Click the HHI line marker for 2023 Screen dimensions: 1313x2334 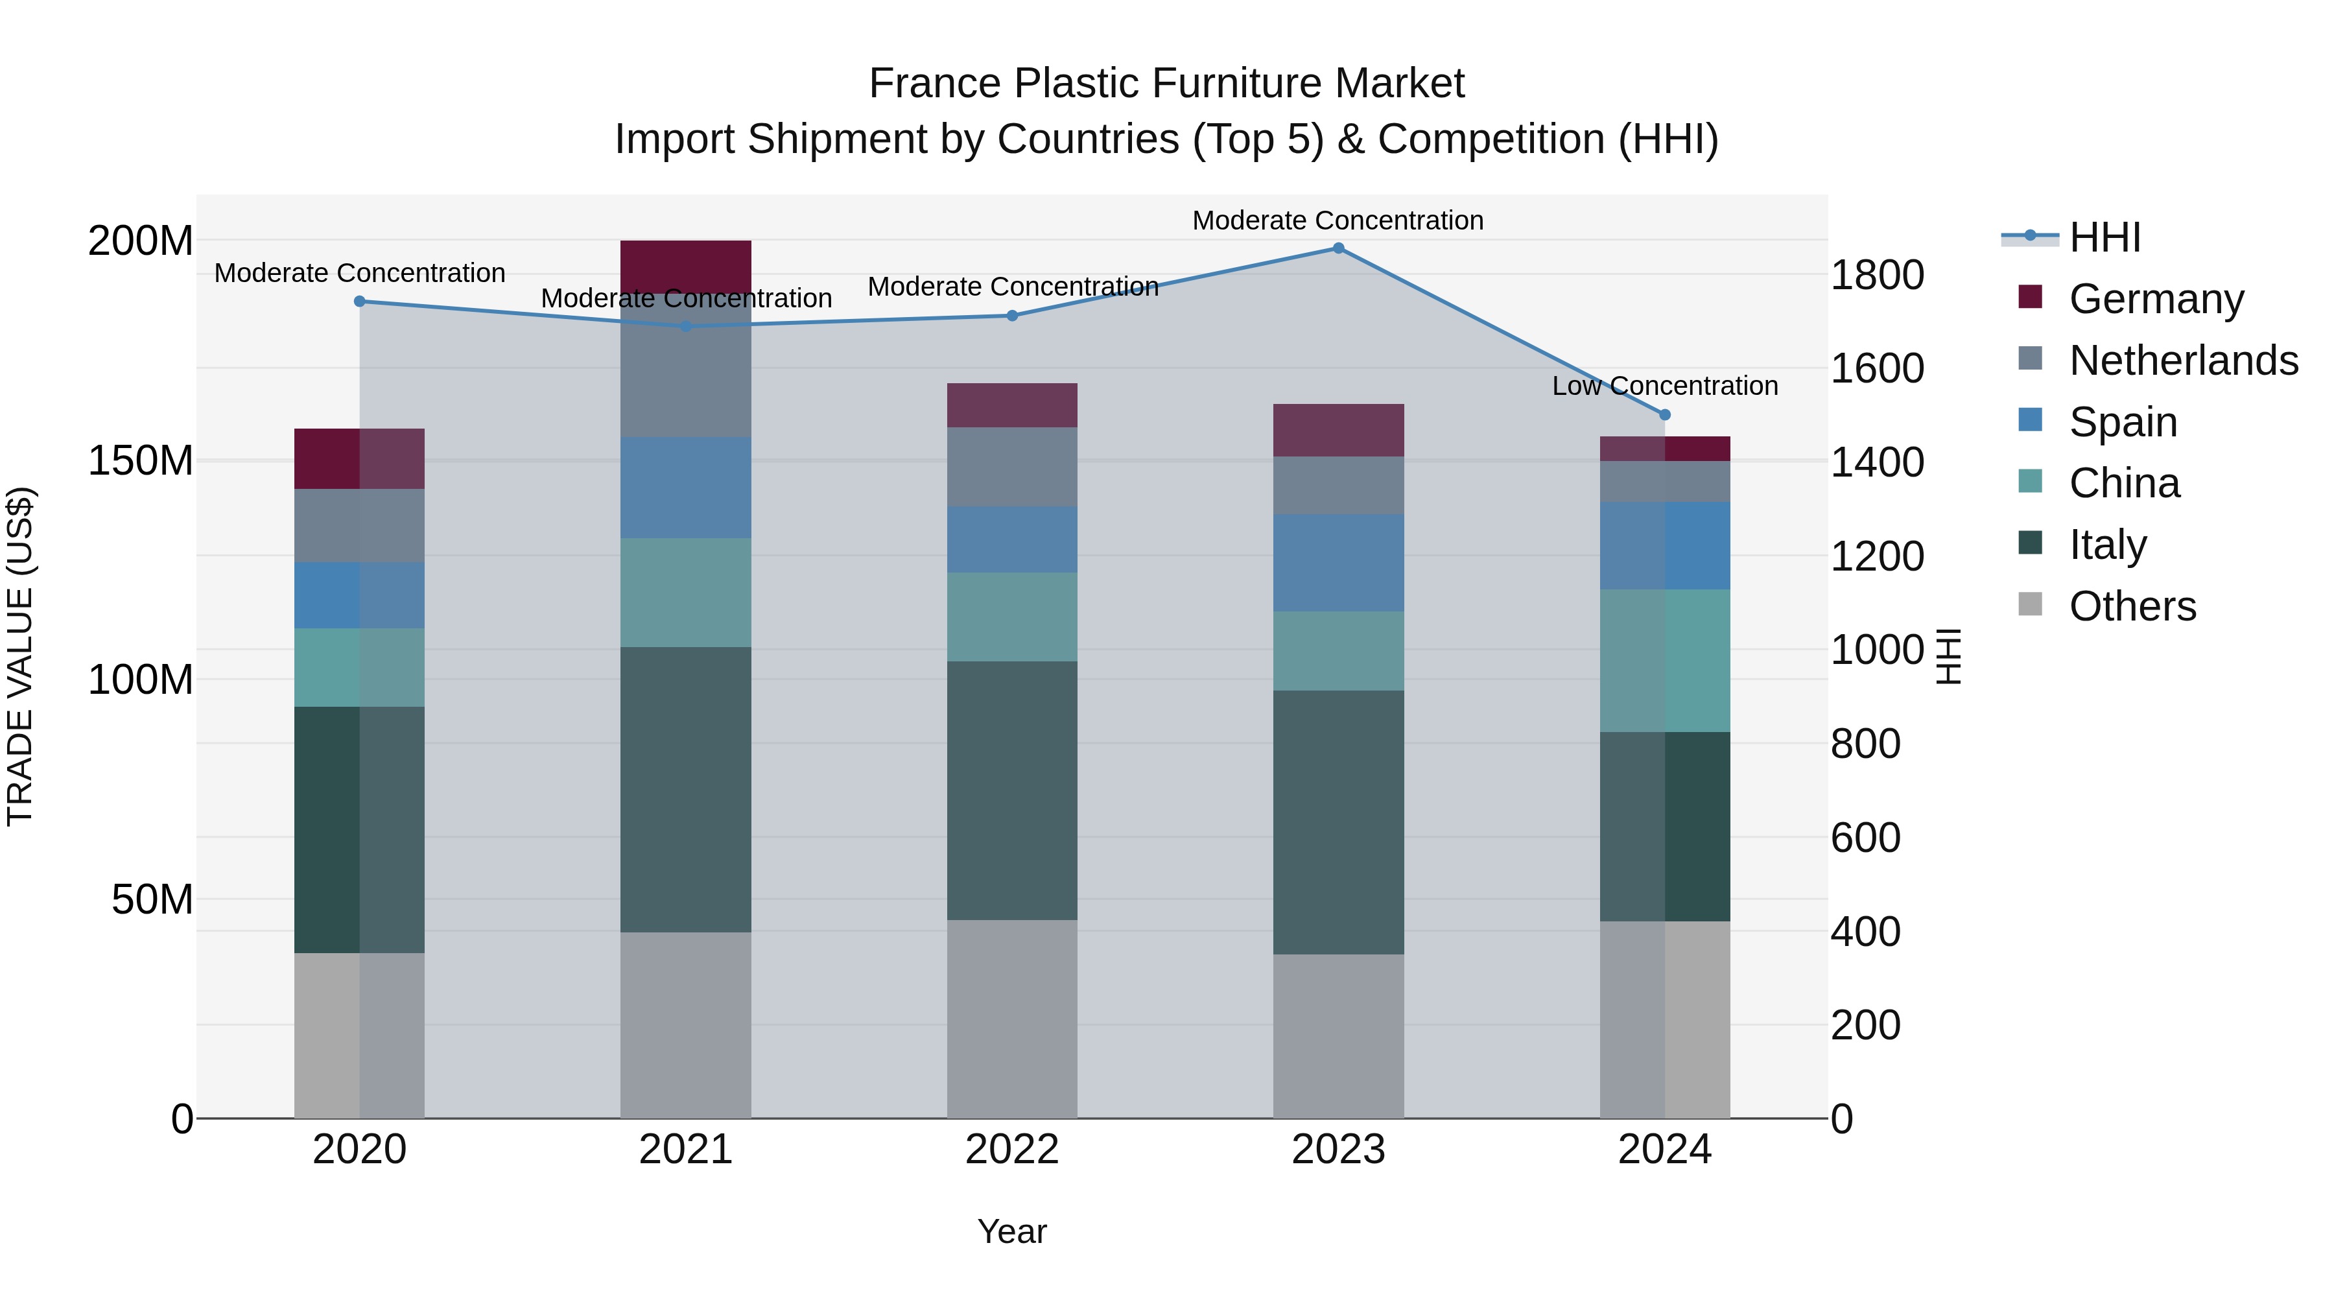1338,248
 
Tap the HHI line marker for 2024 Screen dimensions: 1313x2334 1664,415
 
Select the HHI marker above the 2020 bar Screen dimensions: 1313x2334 360,302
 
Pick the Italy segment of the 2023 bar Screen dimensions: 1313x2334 1338,822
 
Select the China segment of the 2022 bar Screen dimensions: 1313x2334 1012,617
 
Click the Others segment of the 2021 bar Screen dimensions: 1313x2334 686,1025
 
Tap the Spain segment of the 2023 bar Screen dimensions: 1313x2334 1338,563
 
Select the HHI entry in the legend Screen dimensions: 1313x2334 2104,237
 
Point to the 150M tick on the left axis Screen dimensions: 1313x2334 141,460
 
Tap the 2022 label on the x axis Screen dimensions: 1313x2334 1012,1150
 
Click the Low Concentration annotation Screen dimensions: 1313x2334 1664,386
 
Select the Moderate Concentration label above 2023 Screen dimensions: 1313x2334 1338,220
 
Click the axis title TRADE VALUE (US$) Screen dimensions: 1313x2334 20,657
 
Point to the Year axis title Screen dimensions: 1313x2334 1012,1231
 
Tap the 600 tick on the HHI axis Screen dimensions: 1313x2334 1865,837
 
